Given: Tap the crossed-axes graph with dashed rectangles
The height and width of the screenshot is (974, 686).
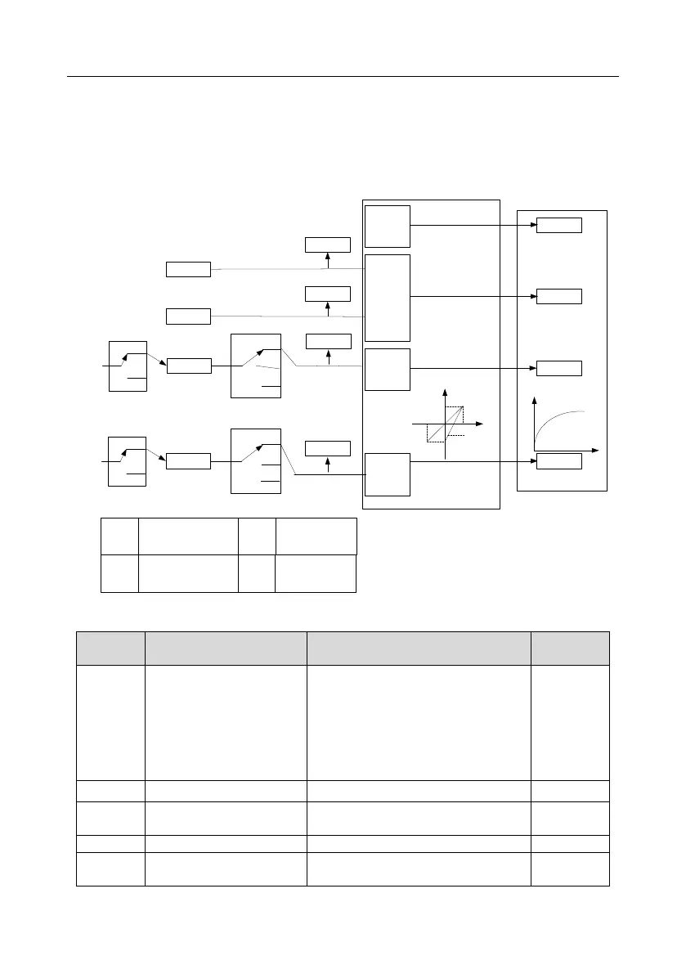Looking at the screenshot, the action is pos(446,424).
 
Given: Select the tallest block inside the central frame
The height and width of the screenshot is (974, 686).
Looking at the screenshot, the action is pos(387,298).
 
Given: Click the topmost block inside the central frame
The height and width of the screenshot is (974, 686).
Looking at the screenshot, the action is pos(387,227).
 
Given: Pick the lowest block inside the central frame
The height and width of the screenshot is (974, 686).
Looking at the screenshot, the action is pos(387,474).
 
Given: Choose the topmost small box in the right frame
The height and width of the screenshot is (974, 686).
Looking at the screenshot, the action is pos(559,226).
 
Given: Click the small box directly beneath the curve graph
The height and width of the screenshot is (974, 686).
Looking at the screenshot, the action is pos(559,461).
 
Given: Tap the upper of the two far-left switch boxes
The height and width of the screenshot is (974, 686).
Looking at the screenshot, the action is pos(128,366).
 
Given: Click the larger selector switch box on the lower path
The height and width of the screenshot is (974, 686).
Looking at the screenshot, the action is pos(255,460).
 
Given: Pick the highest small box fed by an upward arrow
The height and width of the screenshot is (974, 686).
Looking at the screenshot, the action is pos(328,244).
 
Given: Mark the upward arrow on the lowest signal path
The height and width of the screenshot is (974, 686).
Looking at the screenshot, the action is pos(328,464).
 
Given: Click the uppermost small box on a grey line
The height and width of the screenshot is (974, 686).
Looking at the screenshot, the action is pos(188,269).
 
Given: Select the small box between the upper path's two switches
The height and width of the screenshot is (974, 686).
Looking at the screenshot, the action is pos(188,366).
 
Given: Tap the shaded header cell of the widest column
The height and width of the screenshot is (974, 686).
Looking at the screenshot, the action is pos(418,648).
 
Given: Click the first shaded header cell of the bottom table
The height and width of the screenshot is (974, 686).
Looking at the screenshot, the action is pos(110,648).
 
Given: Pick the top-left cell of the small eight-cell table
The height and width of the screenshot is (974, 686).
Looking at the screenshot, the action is pos(119,536).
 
